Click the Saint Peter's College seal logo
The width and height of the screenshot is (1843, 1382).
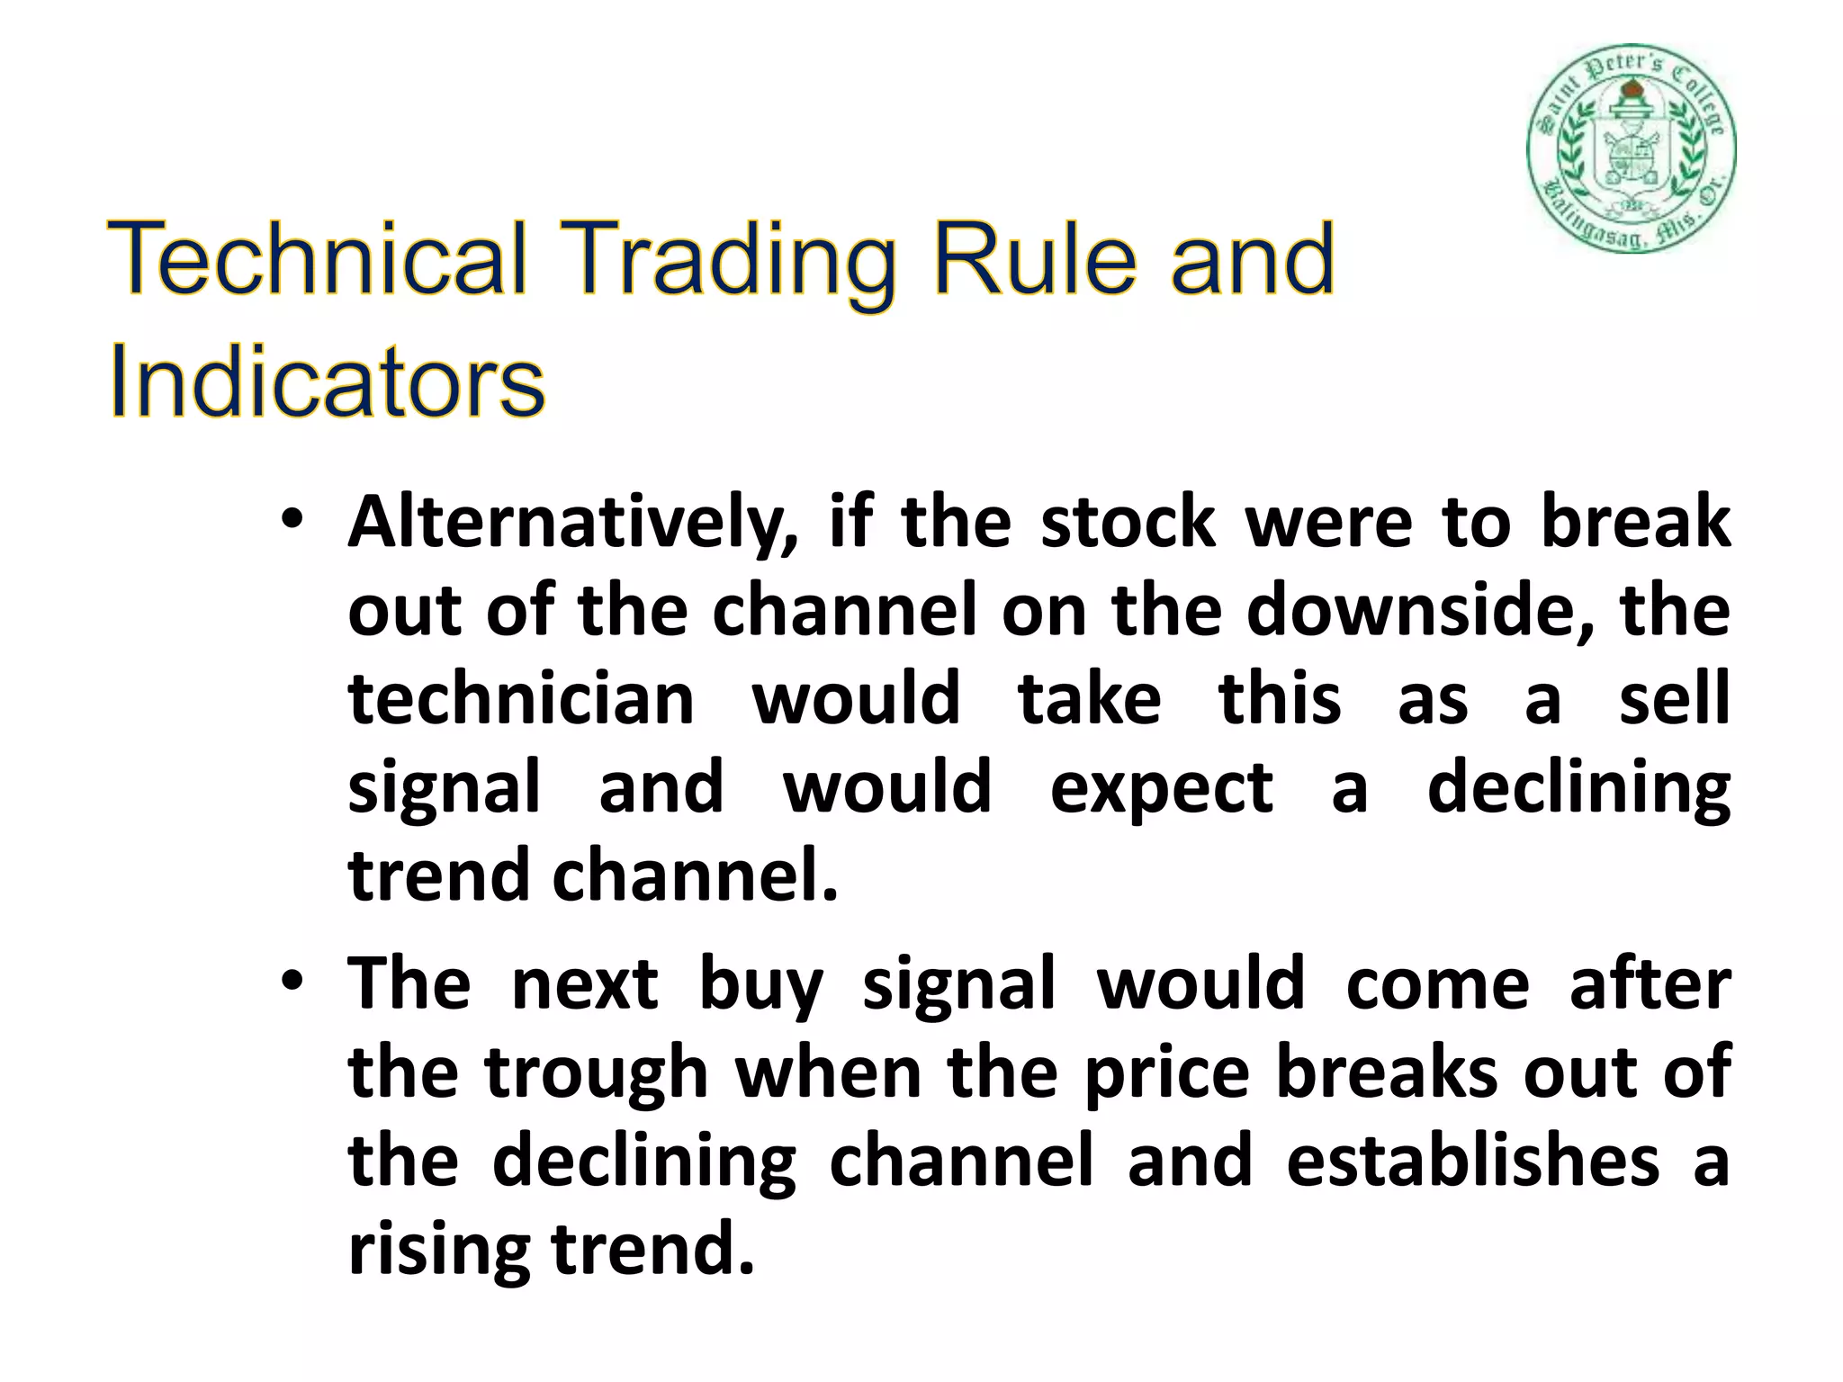(1631, 148)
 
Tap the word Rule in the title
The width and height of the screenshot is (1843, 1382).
(1034, 260)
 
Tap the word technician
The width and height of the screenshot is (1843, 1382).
(521, 700)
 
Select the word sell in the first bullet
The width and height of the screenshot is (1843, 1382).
(1674, 700)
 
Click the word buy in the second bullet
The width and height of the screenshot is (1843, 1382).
(761, 985)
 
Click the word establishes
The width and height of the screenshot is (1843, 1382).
(1472, 1161)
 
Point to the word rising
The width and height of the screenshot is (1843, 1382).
(438, 1251)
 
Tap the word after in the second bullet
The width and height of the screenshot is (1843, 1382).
(1650, 985)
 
